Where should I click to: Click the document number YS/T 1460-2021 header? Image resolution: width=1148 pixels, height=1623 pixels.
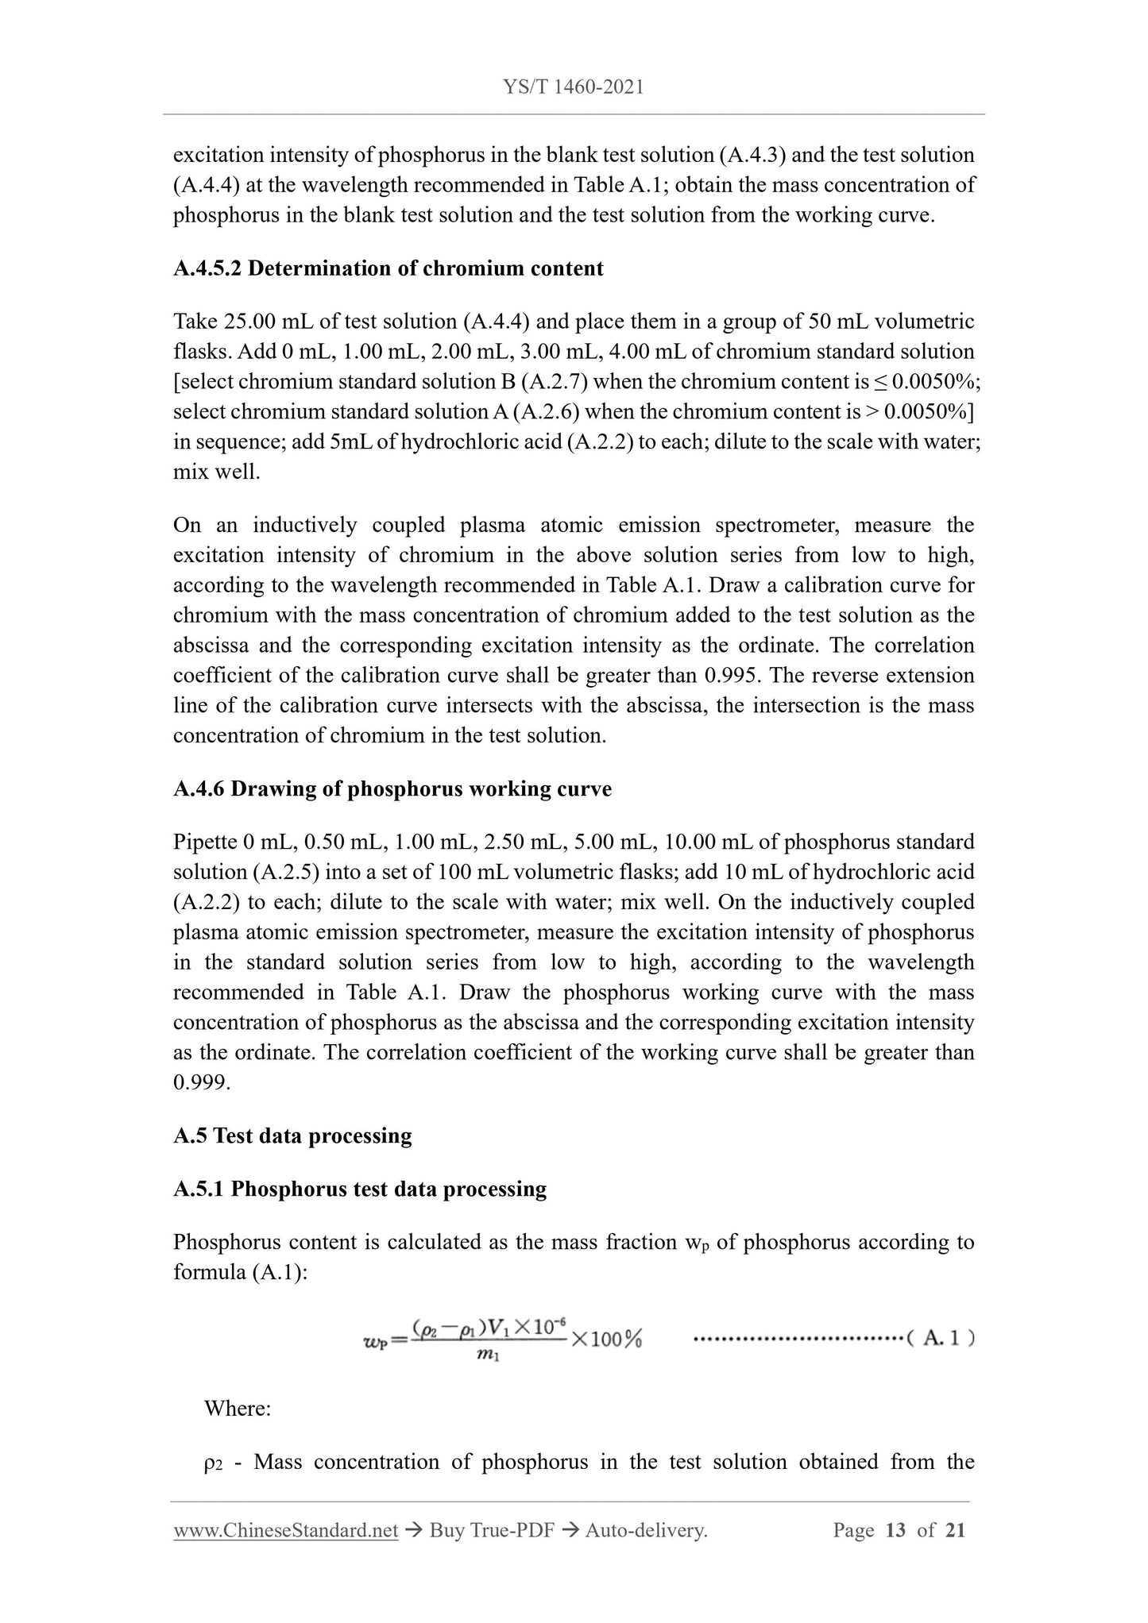pyautogui.click(x=574, y=87)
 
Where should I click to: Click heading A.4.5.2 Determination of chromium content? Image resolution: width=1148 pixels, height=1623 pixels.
pyautogui.click(x=388, y=268)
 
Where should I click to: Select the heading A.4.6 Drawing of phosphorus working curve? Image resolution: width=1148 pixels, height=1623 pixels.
pyautogui.click(x=392, y=789)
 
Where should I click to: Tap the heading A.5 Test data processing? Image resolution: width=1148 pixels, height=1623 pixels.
pyautogui.click(x=292, y=1136)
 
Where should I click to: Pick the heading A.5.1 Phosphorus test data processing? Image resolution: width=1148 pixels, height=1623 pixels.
pyautogui.click(x=360, y=1189)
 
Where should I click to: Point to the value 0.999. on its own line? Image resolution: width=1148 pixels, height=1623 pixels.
pyautogui.click(x=202, y=1082)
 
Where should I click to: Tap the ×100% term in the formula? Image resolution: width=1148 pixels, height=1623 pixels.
pyautogui.click(x=605, y=1340)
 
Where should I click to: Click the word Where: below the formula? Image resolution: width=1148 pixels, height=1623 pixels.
pyautogui.click(x=238, y=1409)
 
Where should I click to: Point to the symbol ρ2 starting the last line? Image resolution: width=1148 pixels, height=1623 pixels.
pyautogui.click(x=215, y=1463)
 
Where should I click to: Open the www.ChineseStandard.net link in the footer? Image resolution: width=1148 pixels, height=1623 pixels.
pyautogui.click(x=285, y=1531)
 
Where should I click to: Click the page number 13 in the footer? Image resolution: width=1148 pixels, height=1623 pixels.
pyautogui.click(x=895, y=1531)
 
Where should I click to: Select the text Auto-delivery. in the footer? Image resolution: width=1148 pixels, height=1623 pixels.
pyautogui.click(x=645, y=1531)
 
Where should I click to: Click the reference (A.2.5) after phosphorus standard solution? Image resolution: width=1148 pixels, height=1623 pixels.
pyautogui.click(x=285, y=873)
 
